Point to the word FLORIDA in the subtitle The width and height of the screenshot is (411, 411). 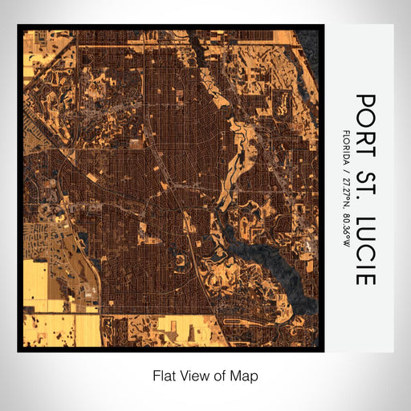[x=346, y=145]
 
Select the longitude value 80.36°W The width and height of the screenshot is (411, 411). [x=346, y=234]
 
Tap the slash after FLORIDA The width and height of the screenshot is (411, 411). [x=346, y=168]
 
